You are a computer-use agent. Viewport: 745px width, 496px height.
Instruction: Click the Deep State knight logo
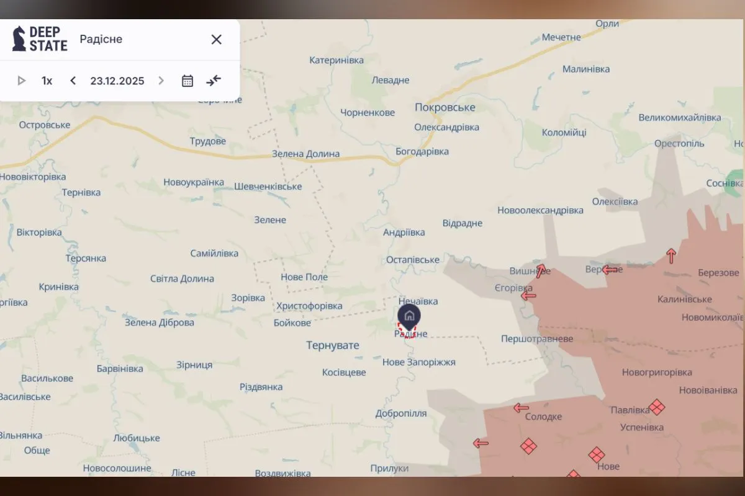click(x=19, y=38)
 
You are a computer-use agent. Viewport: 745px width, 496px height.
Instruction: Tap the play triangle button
click(x=22, y=81)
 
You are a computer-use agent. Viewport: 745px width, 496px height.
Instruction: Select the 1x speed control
click(x=47, y=81)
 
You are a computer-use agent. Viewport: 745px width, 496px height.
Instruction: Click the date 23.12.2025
click(x=117, y=81)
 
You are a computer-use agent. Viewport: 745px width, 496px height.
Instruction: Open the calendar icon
click(x=187, y=81)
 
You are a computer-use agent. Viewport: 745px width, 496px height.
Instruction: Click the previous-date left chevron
click(x=73, y=81)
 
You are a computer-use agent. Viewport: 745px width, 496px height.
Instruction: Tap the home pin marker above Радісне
click(x=409, y=316)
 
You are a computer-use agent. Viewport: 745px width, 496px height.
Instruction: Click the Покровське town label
click(x=445, y=107)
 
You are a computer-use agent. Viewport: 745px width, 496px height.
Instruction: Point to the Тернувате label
click(x=333, y=345)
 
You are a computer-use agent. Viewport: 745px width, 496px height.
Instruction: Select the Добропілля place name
click(x=401, y=414)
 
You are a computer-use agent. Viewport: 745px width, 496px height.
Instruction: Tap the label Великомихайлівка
click(x=680, y=117)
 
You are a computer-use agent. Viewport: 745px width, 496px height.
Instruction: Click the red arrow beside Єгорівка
click(x=528, y=296)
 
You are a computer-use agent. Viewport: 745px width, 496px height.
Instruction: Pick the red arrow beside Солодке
click(x=521, y=408)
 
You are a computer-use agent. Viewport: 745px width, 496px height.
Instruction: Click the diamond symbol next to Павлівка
click(x=657, y=407)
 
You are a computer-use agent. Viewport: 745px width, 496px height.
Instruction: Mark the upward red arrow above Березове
click(x=671, y=255)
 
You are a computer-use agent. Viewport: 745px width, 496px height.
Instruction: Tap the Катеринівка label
click(x=336, y=60)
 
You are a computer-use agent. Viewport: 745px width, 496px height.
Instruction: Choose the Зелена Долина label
click(x=306, y=154)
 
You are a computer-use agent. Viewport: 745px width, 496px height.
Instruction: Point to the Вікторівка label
click(x=39, y=232)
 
